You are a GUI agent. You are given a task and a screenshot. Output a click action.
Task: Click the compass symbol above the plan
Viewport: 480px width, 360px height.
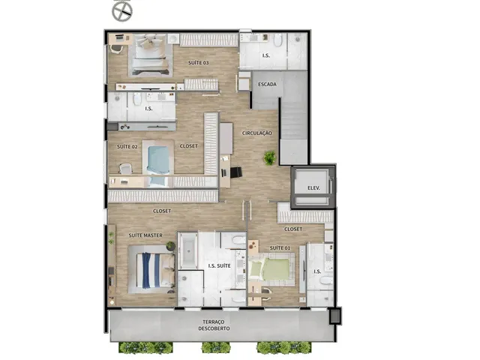122,12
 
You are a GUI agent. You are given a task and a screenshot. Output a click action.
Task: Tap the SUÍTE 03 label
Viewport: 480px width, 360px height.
198,63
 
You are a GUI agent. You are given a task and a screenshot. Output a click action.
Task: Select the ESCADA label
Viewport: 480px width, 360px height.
267,84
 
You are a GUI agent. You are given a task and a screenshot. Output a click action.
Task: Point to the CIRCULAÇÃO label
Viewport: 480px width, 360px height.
256,133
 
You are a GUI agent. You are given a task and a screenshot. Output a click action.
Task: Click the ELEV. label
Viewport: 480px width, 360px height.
313,188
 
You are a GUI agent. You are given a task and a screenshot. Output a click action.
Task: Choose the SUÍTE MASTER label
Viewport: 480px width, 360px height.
145,235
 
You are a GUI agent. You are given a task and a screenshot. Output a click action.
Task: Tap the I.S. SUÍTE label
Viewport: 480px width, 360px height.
219,265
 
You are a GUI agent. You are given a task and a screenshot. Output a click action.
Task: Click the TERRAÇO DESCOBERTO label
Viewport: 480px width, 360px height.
214,325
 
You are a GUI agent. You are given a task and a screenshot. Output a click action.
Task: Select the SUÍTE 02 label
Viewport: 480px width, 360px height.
127,147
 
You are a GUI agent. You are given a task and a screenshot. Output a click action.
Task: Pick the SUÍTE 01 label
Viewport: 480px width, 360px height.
280,248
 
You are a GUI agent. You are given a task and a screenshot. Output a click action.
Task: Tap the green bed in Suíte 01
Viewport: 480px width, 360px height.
270,268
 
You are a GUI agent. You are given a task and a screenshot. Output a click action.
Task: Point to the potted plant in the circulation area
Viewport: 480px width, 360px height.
270,157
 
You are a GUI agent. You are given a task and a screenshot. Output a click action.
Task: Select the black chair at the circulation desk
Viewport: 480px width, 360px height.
236,172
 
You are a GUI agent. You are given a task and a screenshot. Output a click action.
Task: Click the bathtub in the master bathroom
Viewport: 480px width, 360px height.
188,250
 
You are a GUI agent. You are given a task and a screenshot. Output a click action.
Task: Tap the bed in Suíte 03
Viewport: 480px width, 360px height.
150,54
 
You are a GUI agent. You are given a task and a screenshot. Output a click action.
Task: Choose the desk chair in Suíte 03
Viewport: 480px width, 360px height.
116,49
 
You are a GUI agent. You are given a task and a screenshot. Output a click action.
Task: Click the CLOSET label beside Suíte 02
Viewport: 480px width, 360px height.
188,146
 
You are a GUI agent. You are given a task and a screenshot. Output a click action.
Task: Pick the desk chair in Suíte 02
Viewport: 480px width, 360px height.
125,169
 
